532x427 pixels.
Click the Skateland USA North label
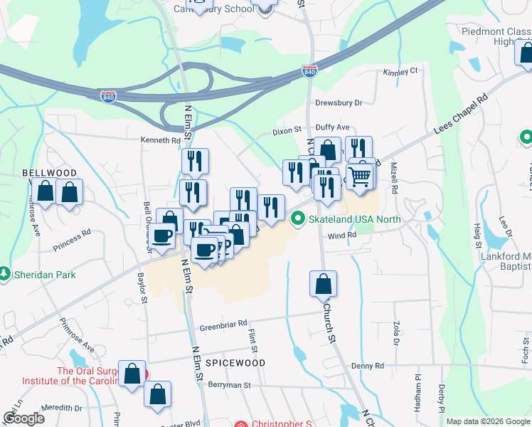(354, 219)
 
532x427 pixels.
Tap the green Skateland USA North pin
(299, 219)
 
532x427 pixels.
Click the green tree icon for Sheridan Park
(5, 274)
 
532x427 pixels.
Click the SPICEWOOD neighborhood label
(235, 363)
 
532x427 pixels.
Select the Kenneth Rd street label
(160, 141)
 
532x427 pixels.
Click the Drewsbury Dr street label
(339, 102)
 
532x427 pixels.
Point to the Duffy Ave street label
(333, 127)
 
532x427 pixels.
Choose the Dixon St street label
(288, 132)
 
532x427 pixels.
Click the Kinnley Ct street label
(400, 72)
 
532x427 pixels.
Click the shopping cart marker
(360, 175)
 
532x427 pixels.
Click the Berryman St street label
(230, 385)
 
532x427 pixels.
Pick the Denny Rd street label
(368, 366)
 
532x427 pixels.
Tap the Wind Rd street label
(341, 235)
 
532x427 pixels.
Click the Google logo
(24, 418)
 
